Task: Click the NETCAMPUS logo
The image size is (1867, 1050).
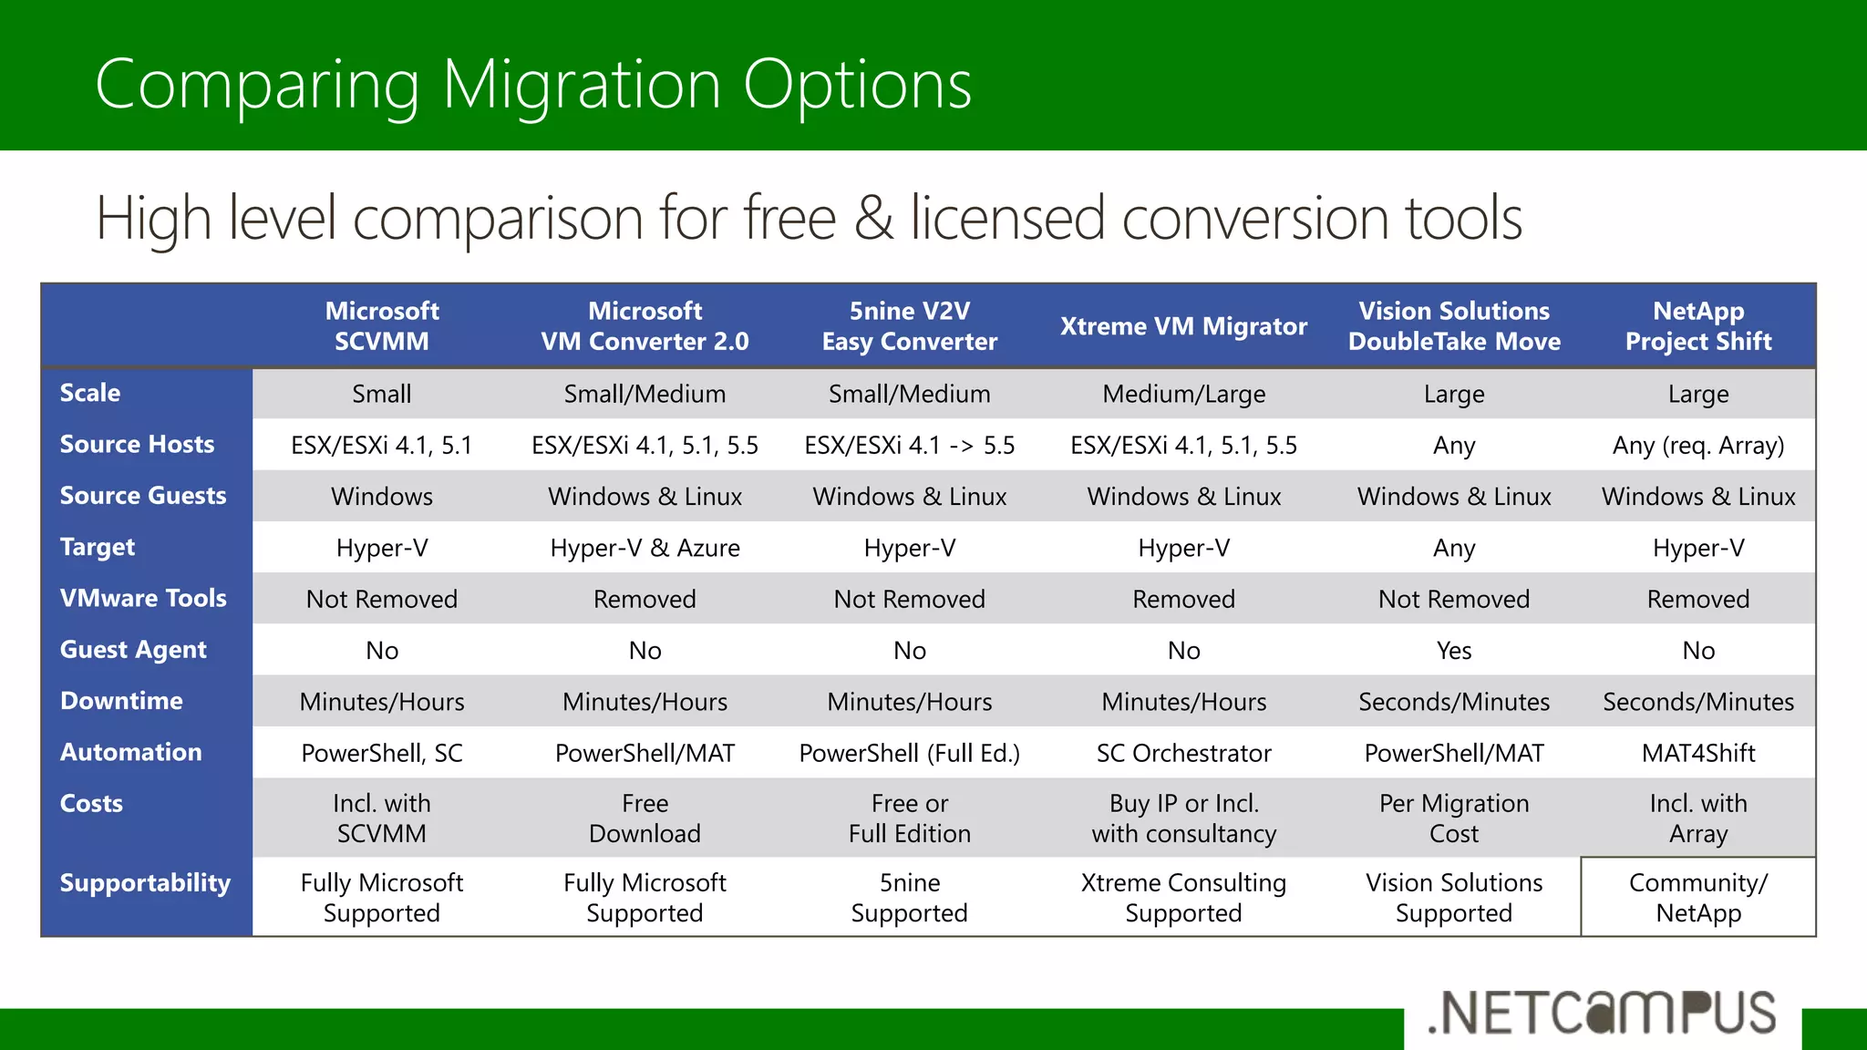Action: coord(1603,1012)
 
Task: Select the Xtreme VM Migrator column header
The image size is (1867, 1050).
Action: coord(1183,326)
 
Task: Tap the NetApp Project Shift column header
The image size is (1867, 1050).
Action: coord(1698,326)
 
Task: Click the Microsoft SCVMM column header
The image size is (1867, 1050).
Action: coord(382,326)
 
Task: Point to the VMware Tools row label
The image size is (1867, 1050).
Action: coord(143,598)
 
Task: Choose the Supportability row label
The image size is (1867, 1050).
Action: coord(145,882)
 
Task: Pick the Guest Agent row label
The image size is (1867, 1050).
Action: coord(133,649)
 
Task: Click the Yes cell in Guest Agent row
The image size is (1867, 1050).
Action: coord(1454,651)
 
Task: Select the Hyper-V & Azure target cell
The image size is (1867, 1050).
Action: coord(645,548)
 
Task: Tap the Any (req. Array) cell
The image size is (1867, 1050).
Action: coord(1698,446)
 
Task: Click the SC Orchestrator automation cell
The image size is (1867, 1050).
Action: coord(1183,753)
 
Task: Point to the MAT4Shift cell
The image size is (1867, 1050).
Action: coord(1698,753)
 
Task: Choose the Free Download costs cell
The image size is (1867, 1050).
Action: coord(645,818)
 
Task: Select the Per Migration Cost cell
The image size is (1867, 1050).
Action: coord(1454,818)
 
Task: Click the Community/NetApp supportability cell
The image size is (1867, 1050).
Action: coord(1698,898)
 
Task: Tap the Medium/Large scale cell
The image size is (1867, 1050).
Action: coord(1183,394)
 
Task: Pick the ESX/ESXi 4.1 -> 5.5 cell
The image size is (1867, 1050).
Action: coord(909,446)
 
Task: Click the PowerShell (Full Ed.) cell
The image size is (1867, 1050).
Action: coord(909,753)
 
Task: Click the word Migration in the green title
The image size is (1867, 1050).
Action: coord(583,86)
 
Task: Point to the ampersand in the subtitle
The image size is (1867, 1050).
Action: coord(873,219)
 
